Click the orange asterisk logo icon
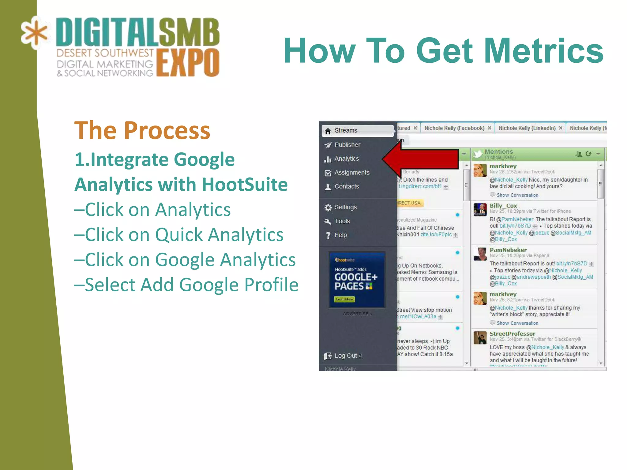tap(35, 33)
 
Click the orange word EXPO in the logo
tap(188, 62)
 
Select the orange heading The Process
tap(142, 130)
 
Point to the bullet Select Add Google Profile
tap(186, 285)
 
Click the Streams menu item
tap(346, 131)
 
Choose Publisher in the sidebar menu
tap(347, 145)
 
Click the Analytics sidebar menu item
tap(346, 159)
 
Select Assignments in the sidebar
tap(351, 173)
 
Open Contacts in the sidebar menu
tap(346, 186)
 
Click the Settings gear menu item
tap(345, 207)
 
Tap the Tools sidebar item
tap(342, 221)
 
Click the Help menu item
tap(340, 235)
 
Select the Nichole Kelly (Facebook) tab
tap(454, 128)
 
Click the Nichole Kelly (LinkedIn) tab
tap(527, 128)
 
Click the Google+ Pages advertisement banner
tap(357, 279)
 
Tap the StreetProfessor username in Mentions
tap(512, 334)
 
